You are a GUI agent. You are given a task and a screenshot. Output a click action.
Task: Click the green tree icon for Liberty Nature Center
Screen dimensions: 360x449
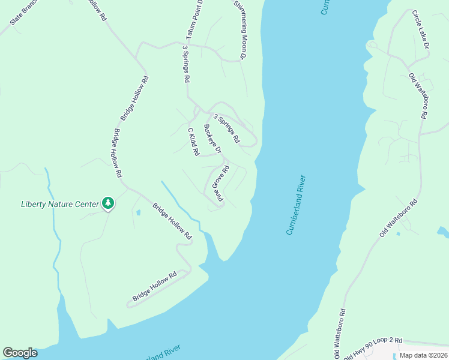(x=108, y=203)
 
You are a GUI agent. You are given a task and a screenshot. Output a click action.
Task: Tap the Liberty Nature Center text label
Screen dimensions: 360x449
(x=59, y=204)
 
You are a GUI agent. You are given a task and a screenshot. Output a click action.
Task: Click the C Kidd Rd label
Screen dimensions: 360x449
(x=193, y=142)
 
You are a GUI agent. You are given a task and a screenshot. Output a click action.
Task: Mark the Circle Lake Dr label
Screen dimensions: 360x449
(x=420, y=29)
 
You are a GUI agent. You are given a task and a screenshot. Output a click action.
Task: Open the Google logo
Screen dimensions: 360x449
(x=20, y=353)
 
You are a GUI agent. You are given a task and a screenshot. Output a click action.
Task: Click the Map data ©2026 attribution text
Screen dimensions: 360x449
(x=423, y=355)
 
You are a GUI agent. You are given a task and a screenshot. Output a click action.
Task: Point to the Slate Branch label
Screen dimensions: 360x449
(x=24, y=13)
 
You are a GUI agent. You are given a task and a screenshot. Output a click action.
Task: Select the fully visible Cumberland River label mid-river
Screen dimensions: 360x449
(x=297, y=205)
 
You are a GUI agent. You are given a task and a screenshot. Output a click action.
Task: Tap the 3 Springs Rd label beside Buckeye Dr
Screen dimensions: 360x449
(x=226, y=129)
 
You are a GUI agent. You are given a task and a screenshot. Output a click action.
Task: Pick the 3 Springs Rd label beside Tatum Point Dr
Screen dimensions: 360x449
(x=186, y=64)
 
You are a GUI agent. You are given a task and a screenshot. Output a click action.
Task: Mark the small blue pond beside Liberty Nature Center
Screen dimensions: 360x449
(x=139, y=212)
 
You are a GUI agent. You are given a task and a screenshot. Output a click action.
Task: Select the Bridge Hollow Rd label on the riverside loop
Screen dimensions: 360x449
(x=155, y=287)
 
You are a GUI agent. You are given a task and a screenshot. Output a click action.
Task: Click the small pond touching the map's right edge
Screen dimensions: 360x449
(x=443, y=231)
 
